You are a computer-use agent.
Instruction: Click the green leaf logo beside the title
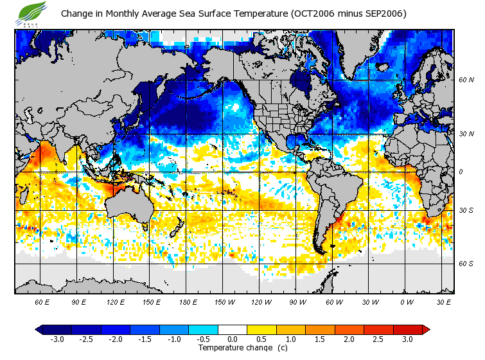coord(33,12)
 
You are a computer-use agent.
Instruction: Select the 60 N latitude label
coord(466,80)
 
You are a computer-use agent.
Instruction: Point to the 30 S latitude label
coord(466,210)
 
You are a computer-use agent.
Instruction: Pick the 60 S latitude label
coord(466,264)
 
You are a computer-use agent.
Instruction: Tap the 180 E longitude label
coord(188,301)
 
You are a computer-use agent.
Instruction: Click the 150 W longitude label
coord(225,301)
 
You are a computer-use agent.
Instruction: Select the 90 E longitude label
coord(78,301)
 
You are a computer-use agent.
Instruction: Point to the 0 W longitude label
coord(407,301)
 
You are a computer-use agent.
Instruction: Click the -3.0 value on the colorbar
coord(57,339)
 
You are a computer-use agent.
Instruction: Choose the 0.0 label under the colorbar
coord(233,339)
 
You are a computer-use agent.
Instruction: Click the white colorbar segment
coord(233,330)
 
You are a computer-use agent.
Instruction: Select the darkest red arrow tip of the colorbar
coord(425,330)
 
